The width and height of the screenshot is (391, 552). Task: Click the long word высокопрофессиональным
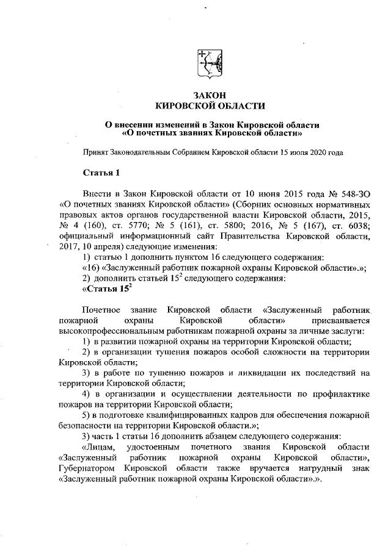coord(108,331)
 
